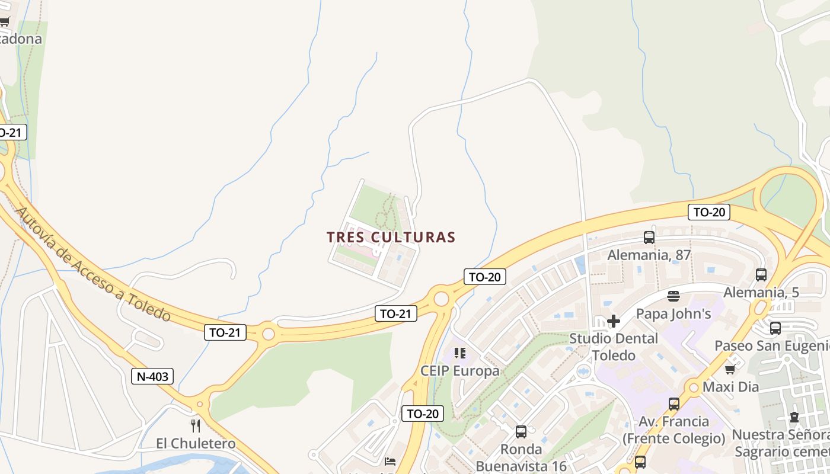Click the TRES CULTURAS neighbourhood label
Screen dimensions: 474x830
(x=391, y=238)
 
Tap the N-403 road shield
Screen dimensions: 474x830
(x=152, y=376)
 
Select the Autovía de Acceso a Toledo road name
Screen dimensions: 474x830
(x=94, y=263)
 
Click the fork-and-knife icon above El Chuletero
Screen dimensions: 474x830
(x=196, y=426)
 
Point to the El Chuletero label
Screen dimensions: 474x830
(x=196, y=443)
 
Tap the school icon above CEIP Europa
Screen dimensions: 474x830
(x=459, y=354)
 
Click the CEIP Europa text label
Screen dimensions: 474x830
(x=459, y=371)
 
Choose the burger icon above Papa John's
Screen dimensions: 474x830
(x=673, y=296)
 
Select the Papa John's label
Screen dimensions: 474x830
(x=673, y=313)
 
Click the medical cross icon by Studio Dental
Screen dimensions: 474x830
(x=614, y=321)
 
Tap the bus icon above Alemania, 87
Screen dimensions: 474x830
(x=649, y=238)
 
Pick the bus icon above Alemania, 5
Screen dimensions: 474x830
(x=761, y=275)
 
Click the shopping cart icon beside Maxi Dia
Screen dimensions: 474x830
(x=730, y=370)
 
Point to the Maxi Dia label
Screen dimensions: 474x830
(x=730, y=387)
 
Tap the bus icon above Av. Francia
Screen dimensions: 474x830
(x=674, y=404)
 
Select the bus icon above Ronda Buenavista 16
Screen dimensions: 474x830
(x=521, y=432)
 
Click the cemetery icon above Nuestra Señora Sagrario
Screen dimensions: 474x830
(x=794, y=417)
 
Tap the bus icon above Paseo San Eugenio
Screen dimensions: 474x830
(x=775, y=328)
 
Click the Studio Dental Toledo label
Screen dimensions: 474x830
(x=614, y=347)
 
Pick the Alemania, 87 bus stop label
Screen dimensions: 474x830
(x=649, y=255)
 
